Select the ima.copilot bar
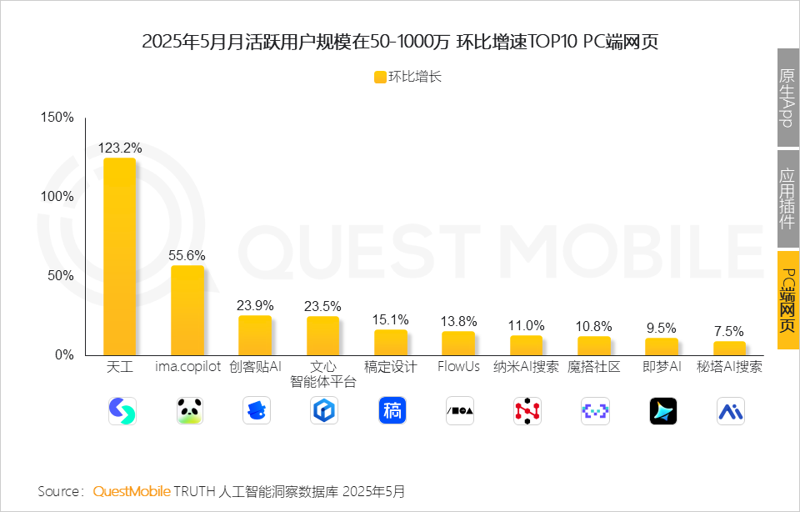tap(187, 309)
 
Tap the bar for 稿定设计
tap(391, 342)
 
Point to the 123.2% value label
tap(120, 148)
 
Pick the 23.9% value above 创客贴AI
tap(255, 305)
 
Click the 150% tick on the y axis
tap(57, 118)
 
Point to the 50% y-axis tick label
tap(61, 276)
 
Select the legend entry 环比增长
tap(407, 77)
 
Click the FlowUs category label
tap(458, 367)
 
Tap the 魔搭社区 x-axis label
tap(594, 367)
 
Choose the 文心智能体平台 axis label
tap(323, 374)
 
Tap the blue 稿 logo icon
tap(392, 410)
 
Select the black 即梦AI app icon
tap(662, 410)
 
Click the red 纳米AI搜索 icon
tap(527, 410)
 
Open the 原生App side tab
tap(787, 97)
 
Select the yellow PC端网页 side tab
tap(787, 299)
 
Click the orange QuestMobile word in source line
tap(132, 491)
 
